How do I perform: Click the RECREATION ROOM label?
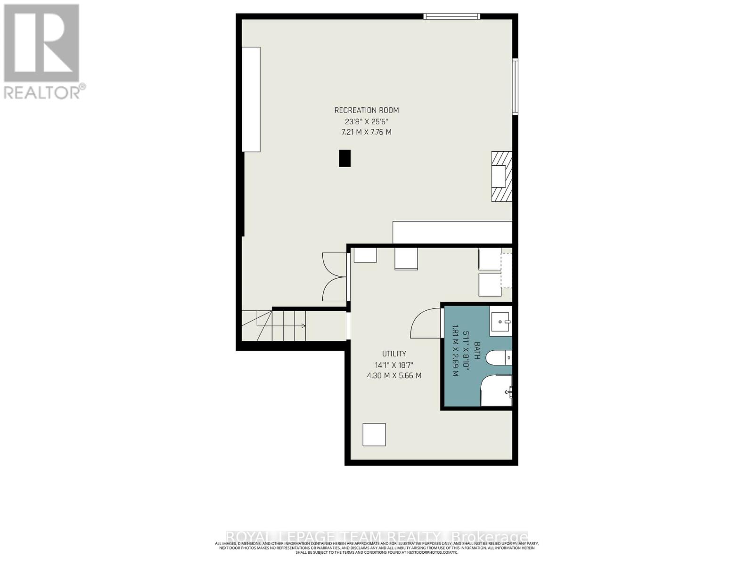(366, 110)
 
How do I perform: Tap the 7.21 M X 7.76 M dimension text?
(366, 132)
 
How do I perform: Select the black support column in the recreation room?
(345, 158)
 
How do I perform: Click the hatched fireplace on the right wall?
(501, 177)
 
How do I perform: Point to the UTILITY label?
(394, 354)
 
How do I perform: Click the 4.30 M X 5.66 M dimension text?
(394, 376)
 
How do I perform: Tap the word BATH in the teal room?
(476, 351)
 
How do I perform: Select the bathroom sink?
(500, 323)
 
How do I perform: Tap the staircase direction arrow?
(302, 326)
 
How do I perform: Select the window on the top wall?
(451, 16)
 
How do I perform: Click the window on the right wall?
(515, 86)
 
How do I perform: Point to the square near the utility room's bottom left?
(374, 435)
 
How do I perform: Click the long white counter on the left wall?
(251, 99)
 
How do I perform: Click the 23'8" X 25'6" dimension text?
(366, 121)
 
